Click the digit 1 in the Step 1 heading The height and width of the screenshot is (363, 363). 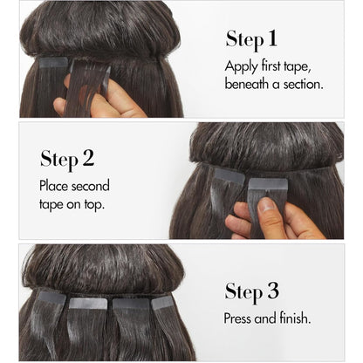point(272,38)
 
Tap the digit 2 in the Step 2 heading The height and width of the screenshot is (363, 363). point(88,158)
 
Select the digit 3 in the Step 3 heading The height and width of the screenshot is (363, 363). point(273,291)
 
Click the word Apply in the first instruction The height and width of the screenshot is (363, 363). point(241,67)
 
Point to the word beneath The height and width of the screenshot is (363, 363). point(247,84)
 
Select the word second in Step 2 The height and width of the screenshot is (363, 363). point(91,186)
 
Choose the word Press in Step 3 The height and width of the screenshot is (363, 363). point(237,318)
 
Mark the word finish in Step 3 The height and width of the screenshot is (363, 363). point(295,318)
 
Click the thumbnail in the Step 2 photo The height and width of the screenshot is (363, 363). point(267,204)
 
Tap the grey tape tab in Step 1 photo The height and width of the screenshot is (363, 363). point(53,63)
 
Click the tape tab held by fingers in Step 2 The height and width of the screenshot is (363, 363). point(268,184)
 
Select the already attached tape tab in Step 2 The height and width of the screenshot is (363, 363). point(229,175)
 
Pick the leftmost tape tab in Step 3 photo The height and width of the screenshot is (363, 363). point(52,297)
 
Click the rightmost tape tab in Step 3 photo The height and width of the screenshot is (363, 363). point(162,303)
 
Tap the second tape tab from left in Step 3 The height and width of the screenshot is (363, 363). point(88,304)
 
